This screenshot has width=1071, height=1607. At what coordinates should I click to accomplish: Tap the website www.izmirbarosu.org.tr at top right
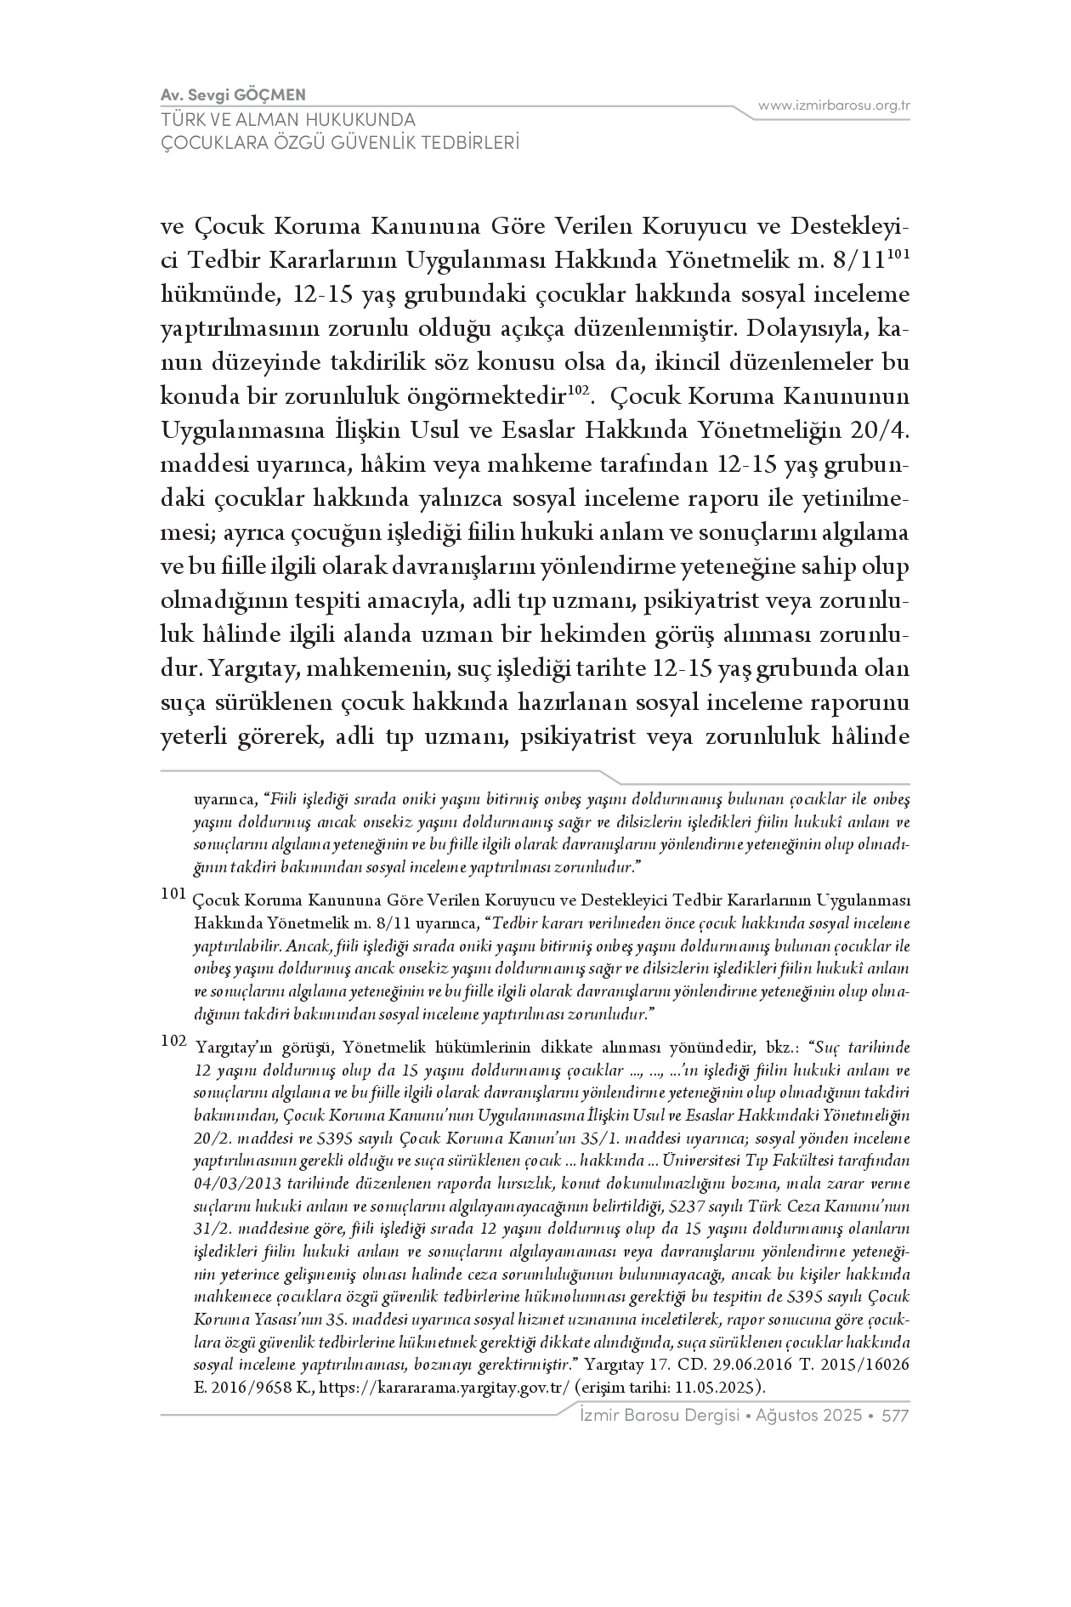[x=834, y=105]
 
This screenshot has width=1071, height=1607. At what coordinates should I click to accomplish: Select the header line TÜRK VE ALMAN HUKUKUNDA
[x=288, y=120]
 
